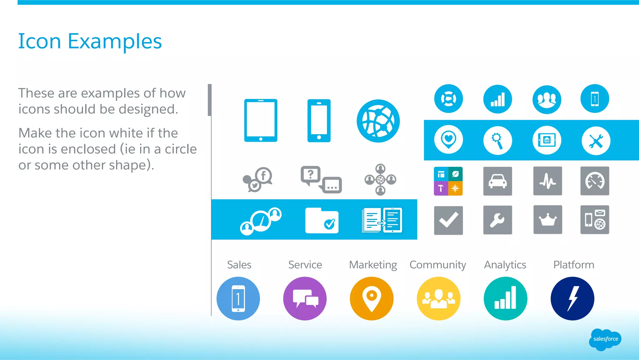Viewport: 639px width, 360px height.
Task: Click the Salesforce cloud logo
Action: [x=605, y=339]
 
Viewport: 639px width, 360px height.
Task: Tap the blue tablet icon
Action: [x=261, y=121]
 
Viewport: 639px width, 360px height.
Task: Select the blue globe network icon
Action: [x=378, y=121]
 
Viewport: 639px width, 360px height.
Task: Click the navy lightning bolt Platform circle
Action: [x=572, y=298]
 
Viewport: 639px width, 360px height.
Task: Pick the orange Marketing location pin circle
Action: [x=372, y=298]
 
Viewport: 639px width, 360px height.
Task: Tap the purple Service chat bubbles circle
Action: [x=305, y=298]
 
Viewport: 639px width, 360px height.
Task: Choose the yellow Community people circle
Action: [x=438, y=298]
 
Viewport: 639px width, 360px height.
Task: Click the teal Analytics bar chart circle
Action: [x=505, y=298]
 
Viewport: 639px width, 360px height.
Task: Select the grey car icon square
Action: [x=498, y=181]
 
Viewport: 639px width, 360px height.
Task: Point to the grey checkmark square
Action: [x=448, y=220]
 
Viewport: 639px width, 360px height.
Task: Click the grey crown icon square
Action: [x=548, y=220]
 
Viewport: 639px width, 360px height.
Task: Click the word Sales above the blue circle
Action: [x=239, y=265]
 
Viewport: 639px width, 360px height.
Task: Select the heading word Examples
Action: [x=115, y=41]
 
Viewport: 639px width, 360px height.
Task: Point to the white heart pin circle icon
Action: [x=448, y=140]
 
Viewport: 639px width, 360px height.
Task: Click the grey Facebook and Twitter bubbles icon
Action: [x=258, y=180]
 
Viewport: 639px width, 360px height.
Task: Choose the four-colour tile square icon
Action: [x=448, y=181]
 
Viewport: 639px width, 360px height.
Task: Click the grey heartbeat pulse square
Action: [x=548, y=181]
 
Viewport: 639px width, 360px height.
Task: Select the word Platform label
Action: [x=573, y=265]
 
